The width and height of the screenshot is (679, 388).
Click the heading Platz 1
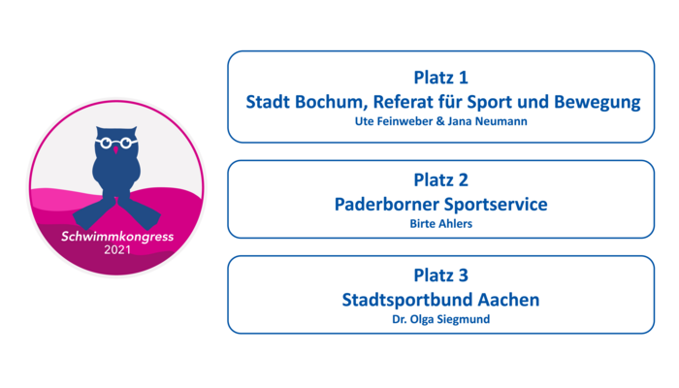point(440,78)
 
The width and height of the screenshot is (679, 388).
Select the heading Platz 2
point(440,180)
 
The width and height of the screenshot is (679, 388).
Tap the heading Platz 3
point(440,275)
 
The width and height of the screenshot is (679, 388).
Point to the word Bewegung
point(598,103)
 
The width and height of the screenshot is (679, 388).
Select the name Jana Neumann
point(487,121)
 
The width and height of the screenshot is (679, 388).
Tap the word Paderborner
point(386,205)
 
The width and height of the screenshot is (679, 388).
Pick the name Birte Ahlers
point(440,224)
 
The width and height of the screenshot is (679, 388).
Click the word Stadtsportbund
point(406,300)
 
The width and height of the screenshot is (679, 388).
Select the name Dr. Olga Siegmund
point(440,319)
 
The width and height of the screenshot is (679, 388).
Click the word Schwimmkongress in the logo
point(117,237)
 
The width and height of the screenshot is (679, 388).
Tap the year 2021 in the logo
point(117,250)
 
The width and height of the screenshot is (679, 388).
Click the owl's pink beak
point(115,149)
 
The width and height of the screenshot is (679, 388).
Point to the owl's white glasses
point(116,142)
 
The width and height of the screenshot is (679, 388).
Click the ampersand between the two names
point(440,121)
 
